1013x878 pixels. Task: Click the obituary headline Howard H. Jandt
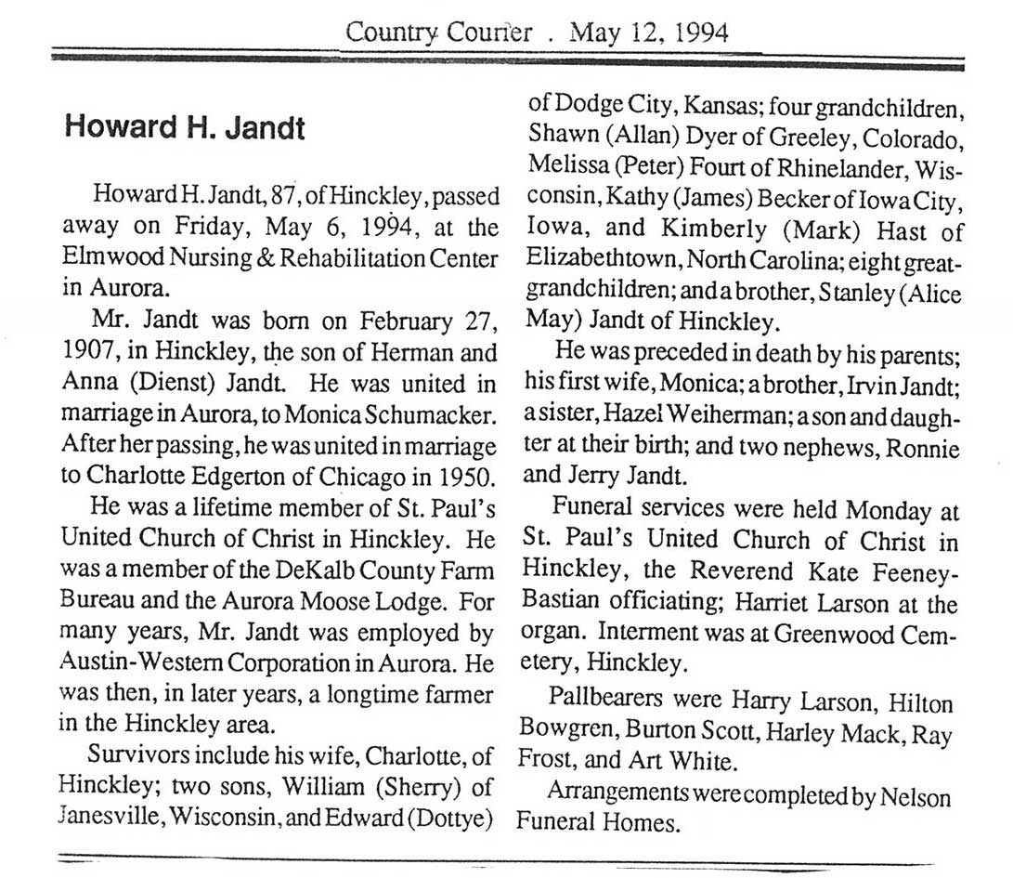[x=184, y=127]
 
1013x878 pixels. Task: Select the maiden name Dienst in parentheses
[x=180, y=383]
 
